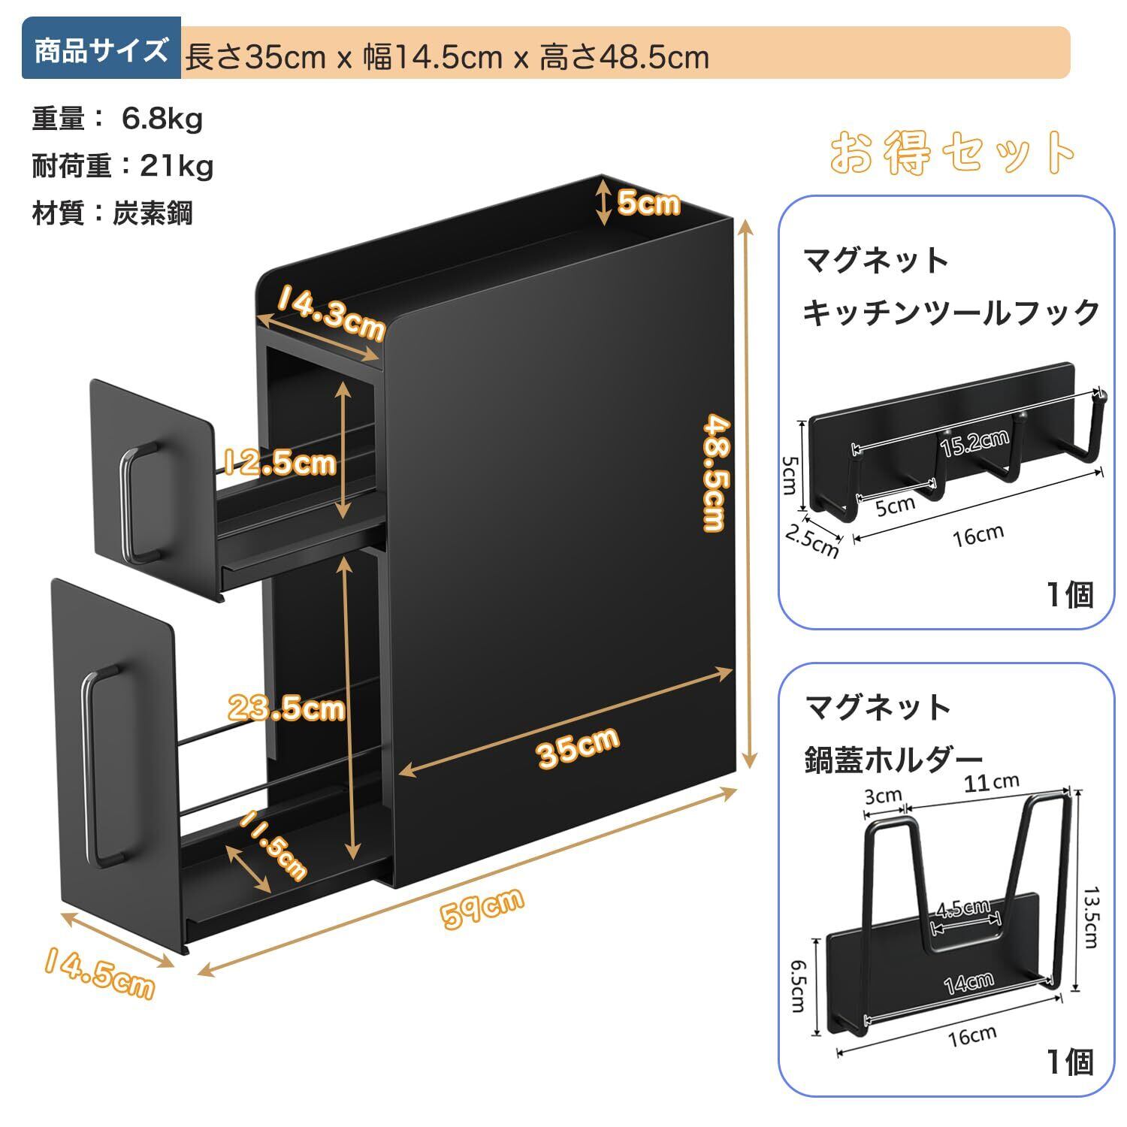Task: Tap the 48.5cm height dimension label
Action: (x=713, y=474)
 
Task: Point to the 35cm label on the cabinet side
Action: (x=578, y=746)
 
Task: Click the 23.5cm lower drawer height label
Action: (x=286, y=708)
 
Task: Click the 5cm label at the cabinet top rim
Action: (x=648, y=202)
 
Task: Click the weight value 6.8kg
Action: (x=162, y=119)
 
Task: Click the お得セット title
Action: (x=953, y=153)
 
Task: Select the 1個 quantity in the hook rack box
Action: (x=1071, y=595)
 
